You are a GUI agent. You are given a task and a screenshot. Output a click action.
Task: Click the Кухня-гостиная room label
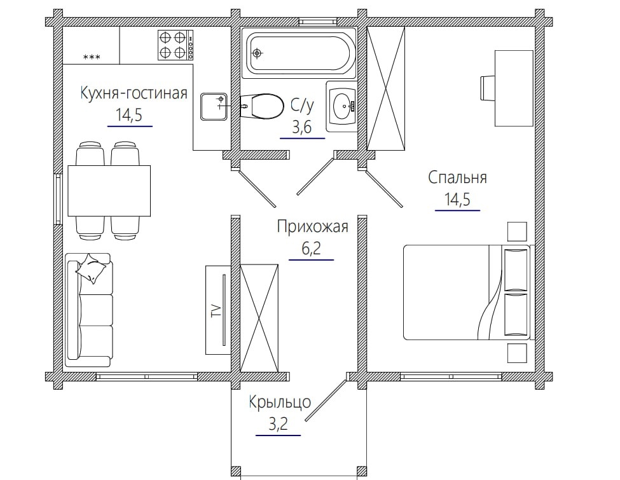click(134, 93)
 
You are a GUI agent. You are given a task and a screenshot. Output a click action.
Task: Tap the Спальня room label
click(457, 177)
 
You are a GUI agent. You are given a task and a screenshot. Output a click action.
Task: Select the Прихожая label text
click(312, 227)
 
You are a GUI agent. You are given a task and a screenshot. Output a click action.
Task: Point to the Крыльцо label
click(280, 402)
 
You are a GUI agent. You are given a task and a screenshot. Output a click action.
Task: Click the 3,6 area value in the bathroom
click(301, 127)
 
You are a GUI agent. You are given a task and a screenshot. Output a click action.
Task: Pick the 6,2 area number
click(311, 249)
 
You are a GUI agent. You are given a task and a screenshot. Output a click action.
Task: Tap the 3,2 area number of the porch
click(278, 424)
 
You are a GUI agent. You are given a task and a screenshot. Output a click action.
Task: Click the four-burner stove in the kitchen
click(176, 45)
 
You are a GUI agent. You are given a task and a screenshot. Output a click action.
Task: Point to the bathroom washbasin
click(341, 106)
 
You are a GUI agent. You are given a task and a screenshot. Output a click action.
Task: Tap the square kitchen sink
click(214, 106)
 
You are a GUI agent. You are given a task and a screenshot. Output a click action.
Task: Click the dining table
click(109, 191)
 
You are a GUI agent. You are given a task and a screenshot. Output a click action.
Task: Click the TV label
click(216, 310)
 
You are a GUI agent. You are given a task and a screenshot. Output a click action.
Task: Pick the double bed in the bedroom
click(467, 292)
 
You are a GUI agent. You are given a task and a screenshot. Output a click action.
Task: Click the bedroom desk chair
click(487, 88)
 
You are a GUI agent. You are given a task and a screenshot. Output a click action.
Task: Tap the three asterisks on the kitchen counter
click(92, 57)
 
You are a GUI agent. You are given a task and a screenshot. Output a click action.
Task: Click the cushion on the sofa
click(92, 268)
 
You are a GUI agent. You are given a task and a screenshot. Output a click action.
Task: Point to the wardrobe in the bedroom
click(385, 88)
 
